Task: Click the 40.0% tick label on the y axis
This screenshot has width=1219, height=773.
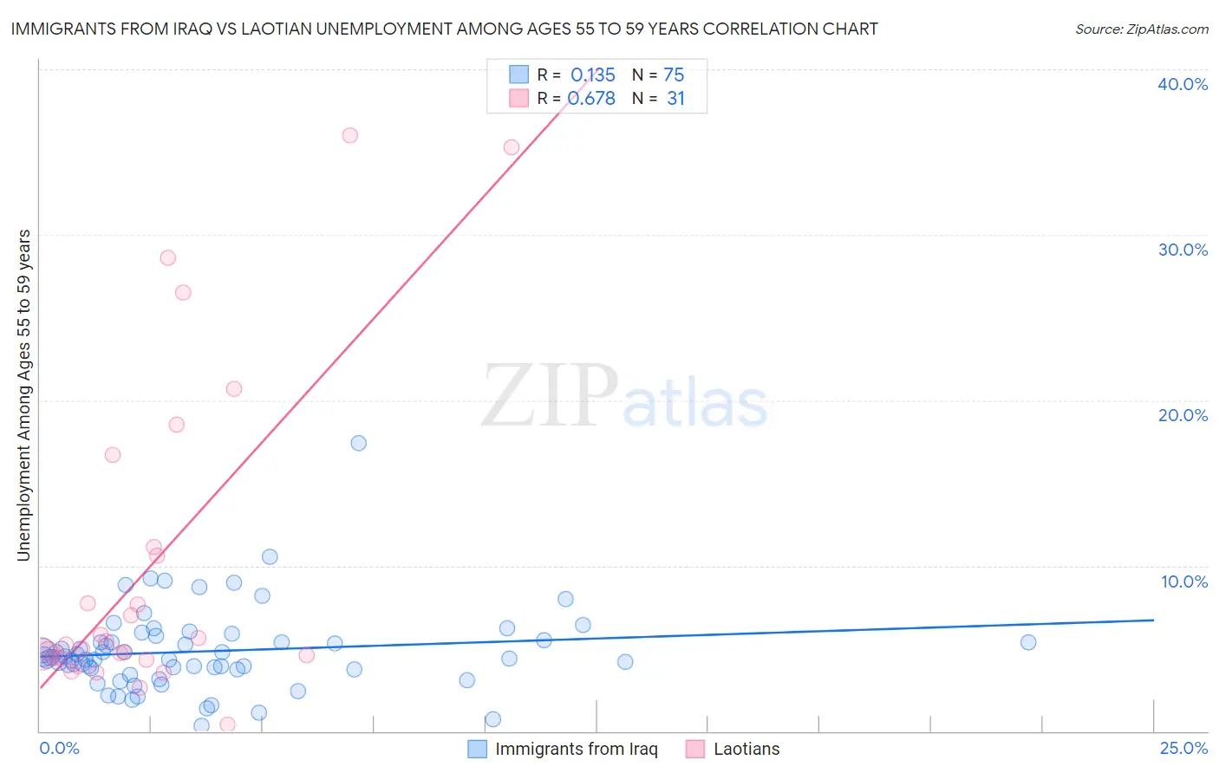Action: point(1183,84)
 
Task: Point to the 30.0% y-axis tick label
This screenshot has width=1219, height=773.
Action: point(1183,250)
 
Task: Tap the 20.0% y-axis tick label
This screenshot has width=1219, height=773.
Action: point(1183,415)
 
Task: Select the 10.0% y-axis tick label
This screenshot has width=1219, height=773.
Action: point(1184,581)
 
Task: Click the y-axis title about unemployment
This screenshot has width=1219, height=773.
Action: point(24,395)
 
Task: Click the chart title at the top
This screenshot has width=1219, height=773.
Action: point(444,29)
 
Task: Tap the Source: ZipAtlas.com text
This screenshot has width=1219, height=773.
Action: point(1141,29)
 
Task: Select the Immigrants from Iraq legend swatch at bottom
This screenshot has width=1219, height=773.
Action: point(477,749)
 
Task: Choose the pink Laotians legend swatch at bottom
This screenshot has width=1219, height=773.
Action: point(695,749)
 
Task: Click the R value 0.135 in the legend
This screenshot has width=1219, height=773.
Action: point(593,75)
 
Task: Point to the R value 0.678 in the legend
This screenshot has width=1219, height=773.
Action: point(592,99)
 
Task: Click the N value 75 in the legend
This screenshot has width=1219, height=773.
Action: point(674,75)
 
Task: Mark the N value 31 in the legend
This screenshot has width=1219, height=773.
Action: point(675,99)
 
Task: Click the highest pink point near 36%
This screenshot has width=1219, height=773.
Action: point(350,135)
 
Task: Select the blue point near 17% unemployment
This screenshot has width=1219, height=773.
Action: point(358,443)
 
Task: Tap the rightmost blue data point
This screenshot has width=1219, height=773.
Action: point(1028,642)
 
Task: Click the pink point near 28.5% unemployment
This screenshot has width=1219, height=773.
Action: point(168,257)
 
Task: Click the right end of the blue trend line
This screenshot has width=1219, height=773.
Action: point(1153,620)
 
